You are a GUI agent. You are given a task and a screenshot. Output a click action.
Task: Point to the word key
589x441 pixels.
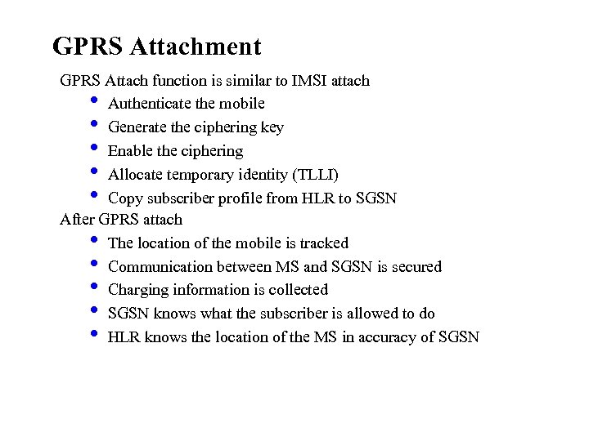(272, 127)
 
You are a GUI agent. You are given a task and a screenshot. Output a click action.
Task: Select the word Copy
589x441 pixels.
(124, 198)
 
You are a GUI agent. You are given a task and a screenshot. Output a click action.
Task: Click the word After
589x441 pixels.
(78, 220)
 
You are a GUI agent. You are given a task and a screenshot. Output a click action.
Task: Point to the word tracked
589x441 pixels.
(324, 243)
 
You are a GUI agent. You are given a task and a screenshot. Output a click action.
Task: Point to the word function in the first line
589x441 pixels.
(177, 81)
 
